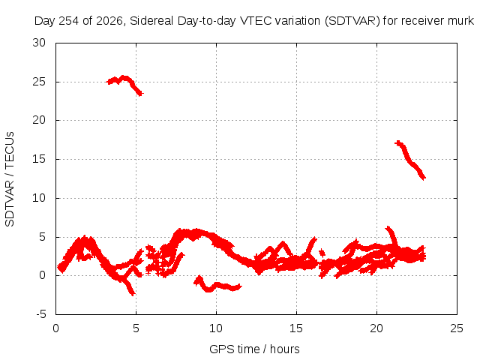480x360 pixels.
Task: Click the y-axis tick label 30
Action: tap(39, 43)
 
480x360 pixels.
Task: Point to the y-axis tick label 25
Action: tap(39, 82)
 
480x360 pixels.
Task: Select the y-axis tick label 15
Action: tap(39, 159)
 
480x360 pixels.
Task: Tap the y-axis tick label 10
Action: tap(39, 198)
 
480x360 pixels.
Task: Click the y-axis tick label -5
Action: tap(40, 314)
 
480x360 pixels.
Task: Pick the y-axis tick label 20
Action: tap(39, 120)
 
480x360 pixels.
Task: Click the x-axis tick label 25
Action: tap(457, 328)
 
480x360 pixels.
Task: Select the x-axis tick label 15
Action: tap(296, 328)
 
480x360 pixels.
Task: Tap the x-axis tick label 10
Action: tap(216, 328)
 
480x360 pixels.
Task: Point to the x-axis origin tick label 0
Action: tap(55, 328)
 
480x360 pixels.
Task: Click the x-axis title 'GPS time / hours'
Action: tap(254, 349)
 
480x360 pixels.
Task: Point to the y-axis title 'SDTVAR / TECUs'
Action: tap(10, 179)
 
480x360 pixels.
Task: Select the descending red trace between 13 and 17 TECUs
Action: tap(410, 160)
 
